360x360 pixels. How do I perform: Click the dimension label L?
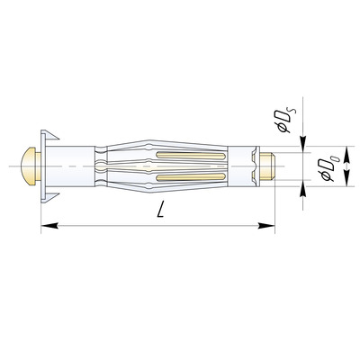tap(161, 209)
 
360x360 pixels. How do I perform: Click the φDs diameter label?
tap(287, 121)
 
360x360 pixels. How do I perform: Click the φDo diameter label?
tap(330, 169)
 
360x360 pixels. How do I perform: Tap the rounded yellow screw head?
tap(28, 166)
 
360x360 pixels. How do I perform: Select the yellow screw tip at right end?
tap(267, 166)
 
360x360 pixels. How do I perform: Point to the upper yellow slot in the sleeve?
tap(190, 156)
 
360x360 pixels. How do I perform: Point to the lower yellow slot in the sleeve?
tap(190, 176)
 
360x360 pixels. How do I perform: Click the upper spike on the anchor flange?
tap(50, 135)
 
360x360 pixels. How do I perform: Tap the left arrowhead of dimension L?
tap(49, 225)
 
